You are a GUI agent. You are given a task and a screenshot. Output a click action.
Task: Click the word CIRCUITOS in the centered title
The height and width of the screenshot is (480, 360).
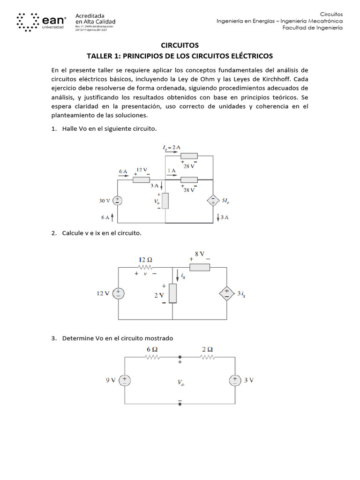pos(180,45)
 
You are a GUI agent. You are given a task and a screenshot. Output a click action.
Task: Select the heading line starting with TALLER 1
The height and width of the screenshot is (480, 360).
pos(180,56)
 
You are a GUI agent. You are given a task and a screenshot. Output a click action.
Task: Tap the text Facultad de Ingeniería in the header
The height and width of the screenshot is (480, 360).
pos(312,28)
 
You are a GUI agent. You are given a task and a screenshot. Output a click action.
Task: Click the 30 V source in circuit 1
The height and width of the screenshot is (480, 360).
pos(118,201)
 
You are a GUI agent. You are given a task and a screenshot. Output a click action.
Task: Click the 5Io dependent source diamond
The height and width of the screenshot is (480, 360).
pos(213,201)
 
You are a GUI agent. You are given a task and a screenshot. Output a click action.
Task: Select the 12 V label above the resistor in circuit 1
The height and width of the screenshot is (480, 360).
pos(142,170)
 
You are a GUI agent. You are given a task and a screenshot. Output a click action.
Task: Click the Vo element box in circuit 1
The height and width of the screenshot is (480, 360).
pos(165,201)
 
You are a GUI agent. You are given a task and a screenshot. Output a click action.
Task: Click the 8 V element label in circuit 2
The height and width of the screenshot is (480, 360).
pos(200,254)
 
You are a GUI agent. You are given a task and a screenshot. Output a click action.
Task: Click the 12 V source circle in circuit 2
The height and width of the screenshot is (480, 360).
pos(118,293)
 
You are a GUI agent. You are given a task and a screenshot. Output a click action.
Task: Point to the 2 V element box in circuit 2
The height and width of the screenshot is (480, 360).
pos(173,293)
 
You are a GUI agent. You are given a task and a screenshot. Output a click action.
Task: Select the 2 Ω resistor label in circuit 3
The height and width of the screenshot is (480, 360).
pos(207,349)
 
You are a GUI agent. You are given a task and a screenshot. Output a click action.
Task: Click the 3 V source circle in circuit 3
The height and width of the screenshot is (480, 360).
pos(234,380)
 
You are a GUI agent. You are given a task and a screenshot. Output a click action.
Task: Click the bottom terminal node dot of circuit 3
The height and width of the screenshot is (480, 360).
pos(180,403)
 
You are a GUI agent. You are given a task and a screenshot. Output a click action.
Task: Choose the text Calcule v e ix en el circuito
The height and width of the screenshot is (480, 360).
pos(102,233)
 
